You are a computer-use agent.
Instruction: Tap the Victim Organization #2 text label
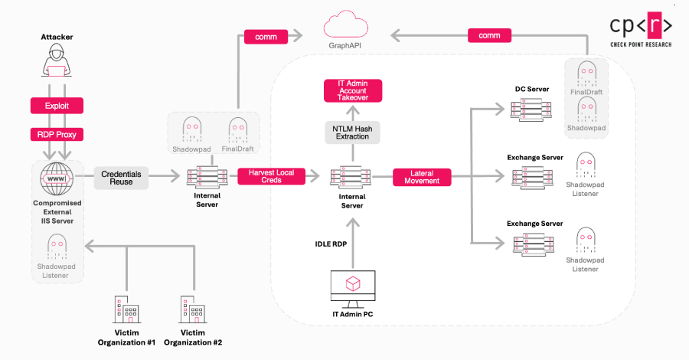[192, 338]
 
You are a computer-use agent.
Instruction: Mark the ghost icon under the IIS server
[57, 247]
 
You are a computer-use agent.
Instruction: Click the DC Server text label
[531, 89]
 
